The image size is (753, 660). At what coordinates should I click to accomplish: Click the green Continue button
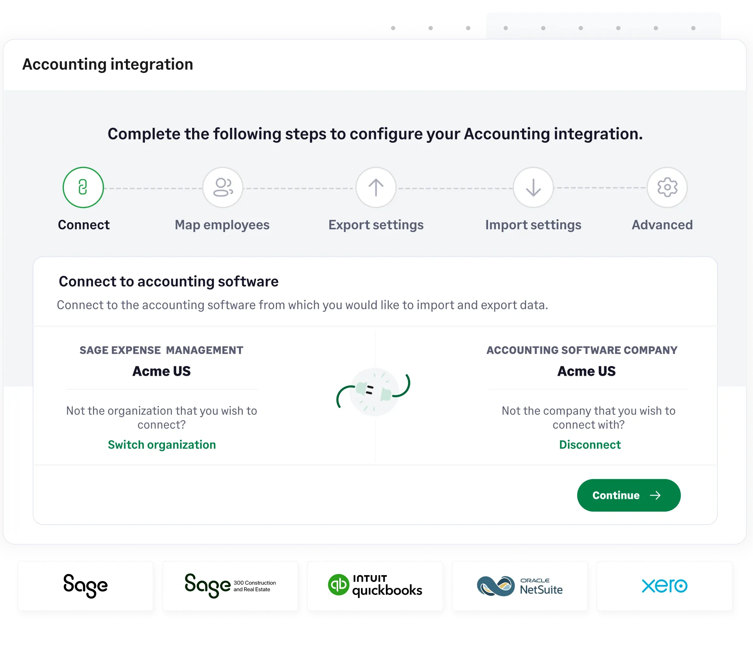tap(628, 495)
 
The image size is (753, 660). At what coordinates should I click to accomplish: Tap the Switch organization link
tap(162, 445)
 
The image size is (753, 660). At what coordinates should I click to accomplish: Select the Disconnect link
tap(590, 445)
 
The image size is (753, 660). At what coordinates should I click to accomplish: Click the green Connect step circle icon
tap(83, 187)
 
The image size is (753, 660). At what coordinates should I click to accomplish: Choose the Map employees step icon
tap(223, 187)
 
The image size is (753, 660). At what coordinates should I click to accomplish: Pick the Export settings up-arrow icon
tap(376, 187)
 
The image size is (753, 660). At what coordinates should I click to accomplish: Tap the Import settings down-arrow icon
tap(533, 187)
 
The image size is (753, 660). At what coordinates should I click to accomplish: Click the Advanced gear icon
tap(667, 187)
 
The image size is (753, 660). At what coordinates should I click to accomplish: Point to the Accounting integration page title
tap(108, 64)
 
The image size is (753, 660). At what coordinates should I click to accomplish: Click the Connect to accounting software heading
tap(168, 282)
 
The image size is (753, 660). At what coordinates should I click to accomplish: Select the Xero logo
tap(664, 586)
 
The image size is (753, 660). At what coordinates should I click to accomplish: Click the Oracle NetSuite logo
tap(520, 586)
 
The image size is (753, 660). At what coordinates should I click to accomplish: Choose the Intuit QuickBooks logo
tap(375, 586)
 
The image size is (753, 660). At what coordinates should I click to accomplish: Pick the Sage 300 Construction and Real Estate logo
tap(230, 586)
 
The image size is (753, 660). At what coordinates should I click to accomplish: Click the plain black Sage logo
tap(86, 586)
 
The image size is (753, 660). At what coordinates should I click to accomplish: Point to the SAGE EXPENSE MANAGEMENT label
tap(162, 350)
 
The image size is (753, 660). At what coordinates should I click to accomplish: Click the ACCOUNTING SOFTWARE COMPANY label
tap(582, 350)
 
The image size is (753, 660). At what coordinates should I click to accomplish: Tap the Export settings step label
tap(376, 225)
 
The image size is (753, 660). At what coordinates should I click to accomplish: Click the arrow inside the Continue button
tap(655, 495)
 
